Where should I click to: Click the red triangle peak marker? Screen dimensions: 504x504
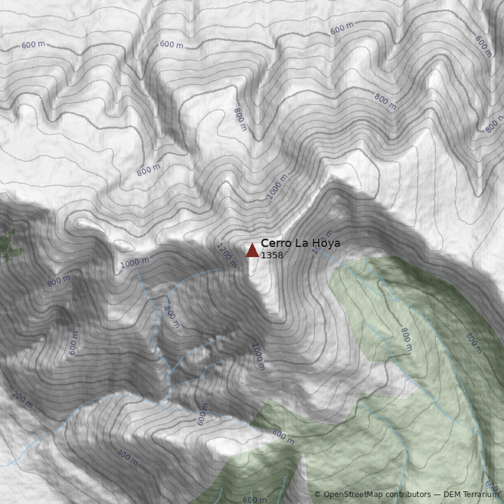[x=252, y=251]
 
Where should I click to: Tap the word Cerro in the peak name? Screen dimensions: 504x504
[x=275, y=243]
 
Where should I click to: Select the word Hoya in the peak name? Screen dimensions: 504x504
[x=325, y=243]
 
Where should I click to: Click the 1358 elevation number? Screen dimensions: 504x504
[x=272, y=255]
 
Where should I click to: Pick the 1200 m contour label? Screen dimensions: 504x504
[x=226, y=255]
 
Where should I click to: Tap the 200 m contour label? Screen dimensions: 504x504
[x=22, y=398]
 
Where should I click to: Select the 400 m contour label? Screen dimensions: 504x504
[x=127, y=458]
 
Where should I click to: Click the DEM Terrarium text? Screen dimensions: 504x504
[x=471, y=495]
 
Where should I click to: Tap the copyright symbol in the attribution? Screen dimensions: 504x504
[x=318, y=495]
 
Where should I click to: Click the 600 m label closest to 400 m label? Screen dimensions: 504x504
[x=202, y=415]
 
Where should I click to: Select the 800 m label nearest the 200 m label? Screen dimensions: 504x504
[x=59, y=281]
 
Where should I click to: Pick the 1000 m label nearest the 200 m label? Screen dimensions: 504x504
[x=135, y=263]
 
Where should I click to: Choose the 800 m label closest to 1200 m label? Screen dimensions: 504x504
[x=171, y=316]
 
